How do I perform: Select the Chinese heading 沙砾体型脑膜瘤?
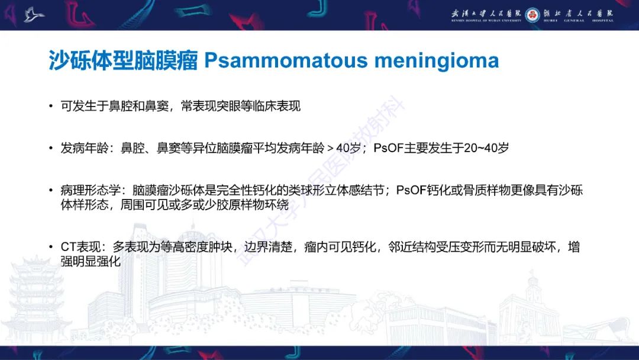[123, 60]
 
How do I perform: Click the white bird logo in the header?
[34, 15]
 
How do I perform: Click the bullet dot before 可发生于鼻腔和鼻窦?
[51, 107]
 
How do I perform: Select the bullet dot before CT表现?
[51, 247]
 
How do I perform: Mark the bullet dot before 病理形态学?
[51, 191]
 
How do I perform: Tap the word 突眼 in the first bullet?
[228, 107]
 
